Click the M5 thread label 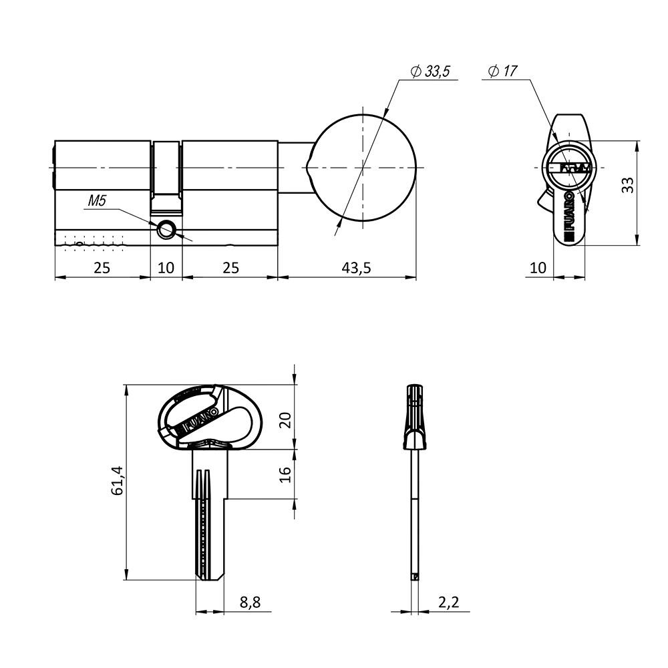[x=97, y=200]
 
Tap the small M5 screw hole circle [x=166, y=230]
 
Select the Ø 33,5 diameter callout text [x=430, y=71]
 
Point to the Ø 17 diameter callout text [x=503, y=71]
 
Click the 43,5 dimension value [x=356, y=268]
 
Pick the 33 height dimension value [x=627, y=184]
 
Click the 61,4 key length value [x=117, y=480]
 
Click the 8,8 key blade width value [x=250, y=602]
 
